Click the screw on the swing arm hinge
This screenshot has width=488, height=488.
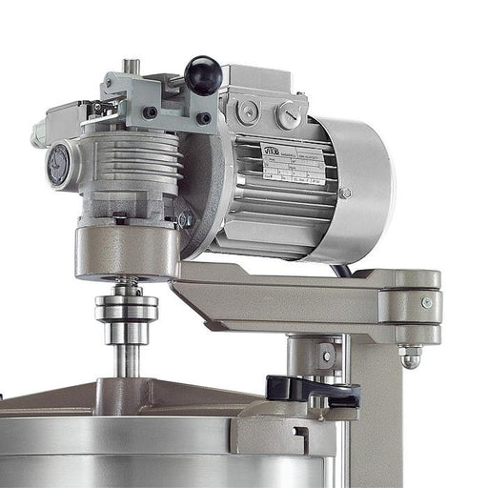point(426,303)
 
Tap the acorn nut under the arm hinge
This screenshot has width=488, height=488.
point(411,357)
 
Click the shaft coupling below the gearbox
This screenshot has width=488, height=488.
point(126,309)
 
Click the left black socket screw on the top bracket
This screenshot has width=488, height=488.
point(150,112)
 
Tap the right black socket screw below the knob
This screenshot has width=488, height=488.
point(203,118)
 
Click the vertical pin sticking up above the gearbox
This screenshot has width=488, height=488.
point(131,67)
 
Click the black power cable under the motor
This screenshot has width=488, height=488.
point(337,270)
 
